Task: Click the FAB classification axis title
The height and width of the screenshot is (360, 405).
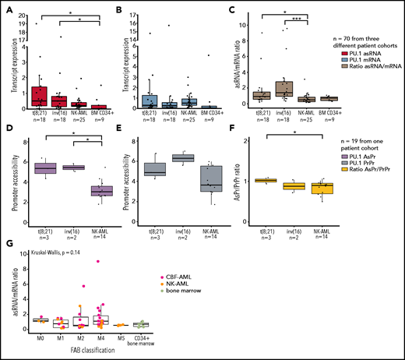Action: point(101,352)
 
